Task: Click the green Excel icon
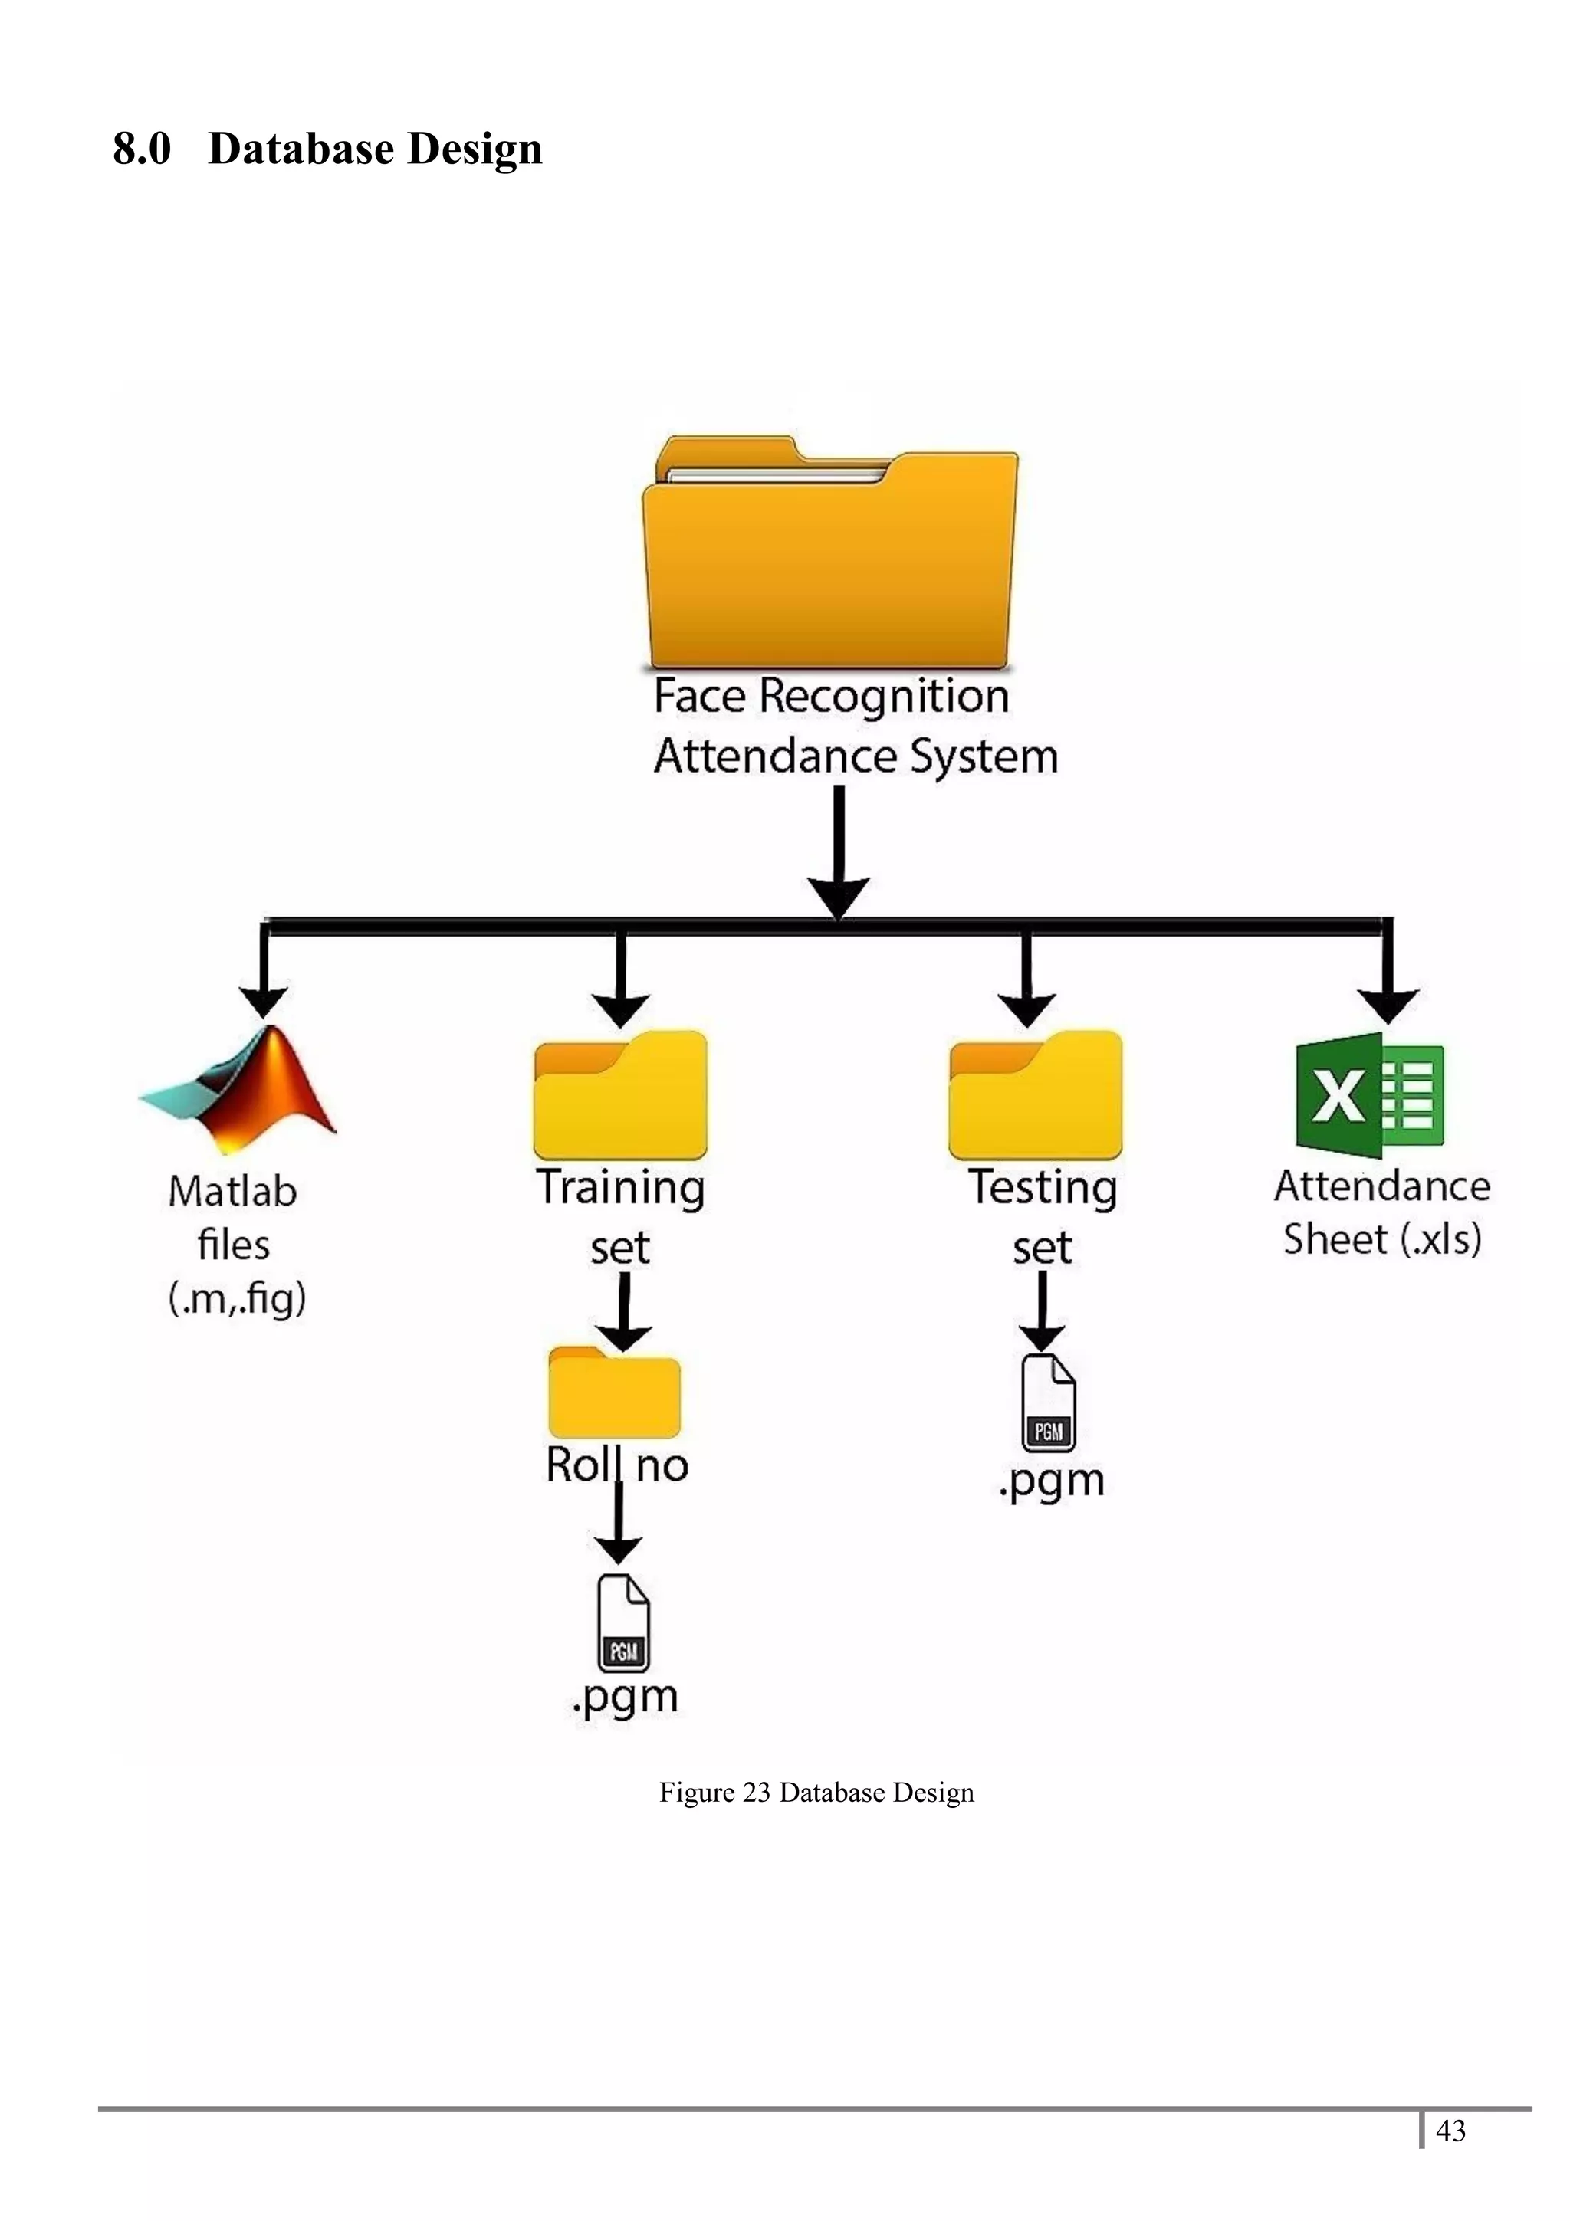[1369, 1095]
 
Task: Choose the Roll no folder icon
[614, 1394]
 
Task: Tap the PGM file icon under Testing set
[1049, 1402]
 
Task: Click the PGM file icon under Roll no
[623, 1624]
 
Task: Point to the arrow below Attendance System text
[839, 851]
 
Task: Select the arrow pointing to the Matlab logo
[263, 973]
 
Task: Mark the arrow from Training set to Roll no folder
[623, 1313]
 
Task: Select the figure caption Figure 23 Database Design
[816, 1793]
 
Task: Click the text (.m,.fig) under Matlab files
[237, 1299]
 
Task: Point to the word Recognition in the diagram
[883, 697]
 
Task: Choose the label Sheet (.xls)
[1382, 1239]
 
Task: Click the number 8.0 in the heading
[141, 149]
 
